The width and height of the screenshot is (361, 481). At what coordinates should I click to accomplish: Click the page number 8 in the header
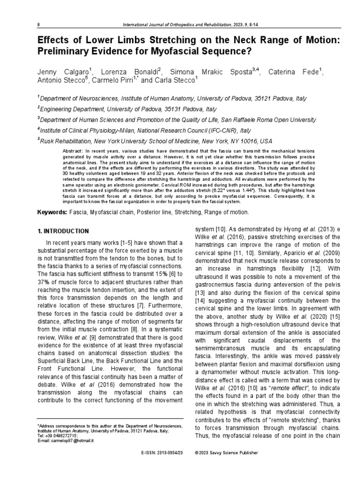[39, 24]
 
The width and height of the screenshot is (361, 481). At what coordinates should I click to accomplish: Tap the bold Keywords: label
[52, 213]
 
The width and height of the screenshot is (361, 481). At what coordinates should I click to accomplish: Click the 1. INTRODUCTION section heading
[63, 231]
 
